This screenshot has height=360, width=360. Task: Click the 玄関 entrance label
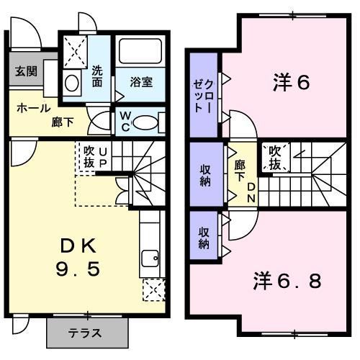(x=26, y=71)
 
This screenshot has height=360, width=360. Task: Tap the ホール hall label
(x=32, y=108)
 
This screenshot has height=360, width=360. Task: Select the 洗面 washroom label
(x=99, y=76)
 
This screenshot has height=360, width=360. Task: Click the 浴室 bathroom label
(x=141, y=82)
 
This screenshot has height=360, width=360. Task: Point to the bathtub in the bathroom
(x=141, y=51)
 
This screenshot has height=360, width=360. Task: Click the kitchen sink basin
(x=150, y=258)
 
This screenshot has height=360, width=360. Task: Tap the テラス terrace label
(x=84, y=333)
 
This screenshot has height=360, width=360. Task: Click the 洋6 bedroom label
(x=292, y=83)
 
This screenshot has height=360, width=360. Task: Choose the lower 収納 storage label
(x=204, y=237)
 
